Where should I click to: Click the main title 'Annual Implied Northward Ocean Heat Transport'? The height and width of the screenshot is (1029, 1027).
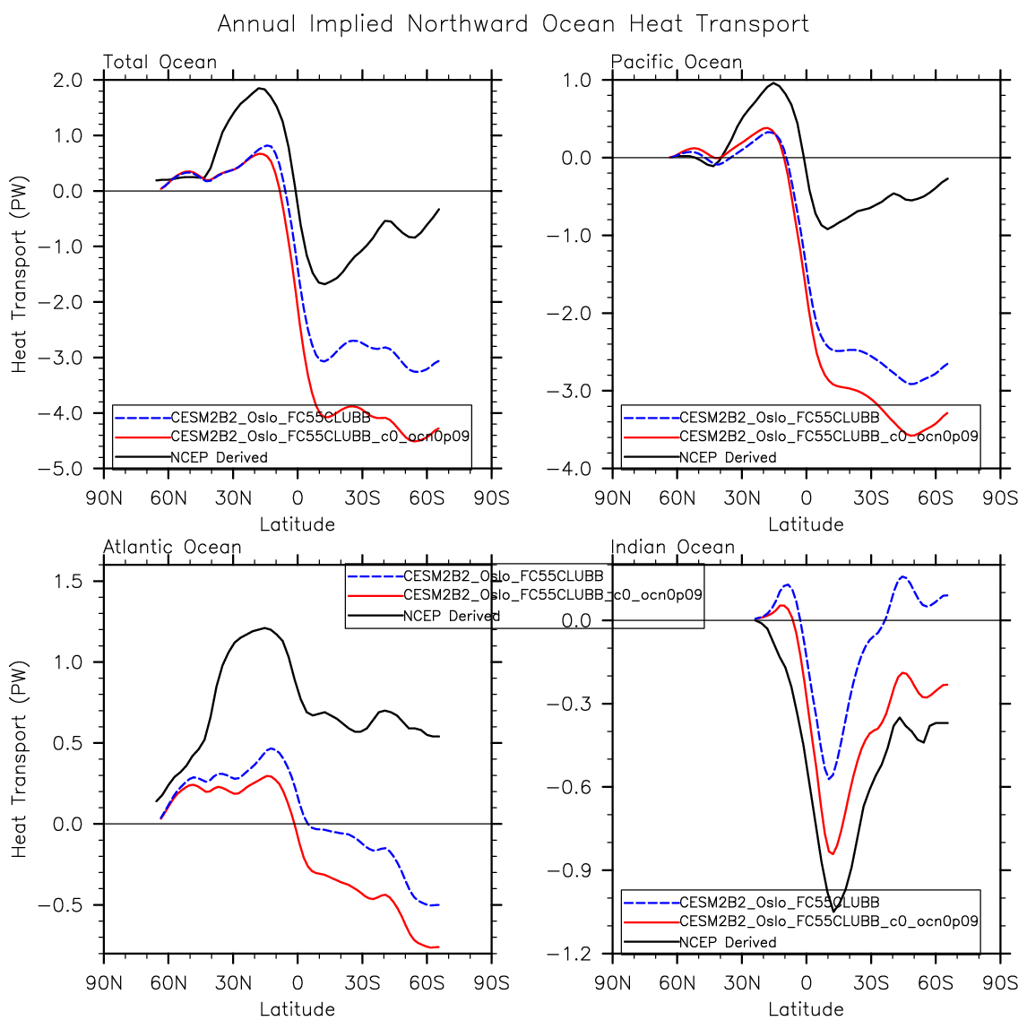tap(513, 24)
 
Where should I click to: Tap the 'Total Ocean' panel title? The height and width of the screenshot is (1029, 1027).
tap(160, 62)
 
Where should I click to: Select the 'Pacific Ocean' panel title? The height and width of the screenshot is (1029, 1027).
tap(677, 62)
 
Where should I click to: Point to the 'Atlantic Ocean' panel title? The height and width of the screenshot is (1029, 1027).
tap(172, 547)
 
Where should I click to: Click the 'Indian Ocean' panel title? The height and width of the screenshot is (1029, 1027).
tap(673, 547)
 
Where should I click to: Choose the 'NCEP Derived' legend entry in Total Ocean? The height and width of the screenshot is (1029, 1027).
tap(219, 457)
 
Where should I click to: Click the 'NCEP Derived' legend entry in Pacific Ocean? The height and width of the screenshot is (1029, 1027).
tap(728, 457)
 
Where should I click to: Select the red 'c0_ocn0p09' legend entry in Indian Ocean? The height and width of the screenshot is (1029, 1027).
tap(828, 921)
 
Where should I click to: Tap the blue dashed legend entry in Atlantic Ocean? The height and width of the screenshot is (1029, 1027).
tap(503, 576)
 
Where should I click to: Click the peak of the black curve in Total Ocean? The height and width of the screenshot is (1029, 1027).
tap(260, 88)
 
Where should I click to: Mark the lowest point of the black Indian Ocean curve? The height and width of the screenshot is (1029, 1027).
tap(834, 912)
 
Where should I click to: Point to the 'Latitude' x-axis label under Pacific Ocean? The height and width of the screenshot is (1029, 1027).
tap(806, 524)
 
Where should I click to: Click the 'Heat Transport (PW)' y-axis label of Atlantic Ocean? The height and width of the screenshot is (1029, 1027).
tap(20, 758)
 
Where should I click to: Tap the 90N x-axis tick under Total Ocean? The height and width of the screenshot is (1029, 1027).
tap(104, 497)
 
